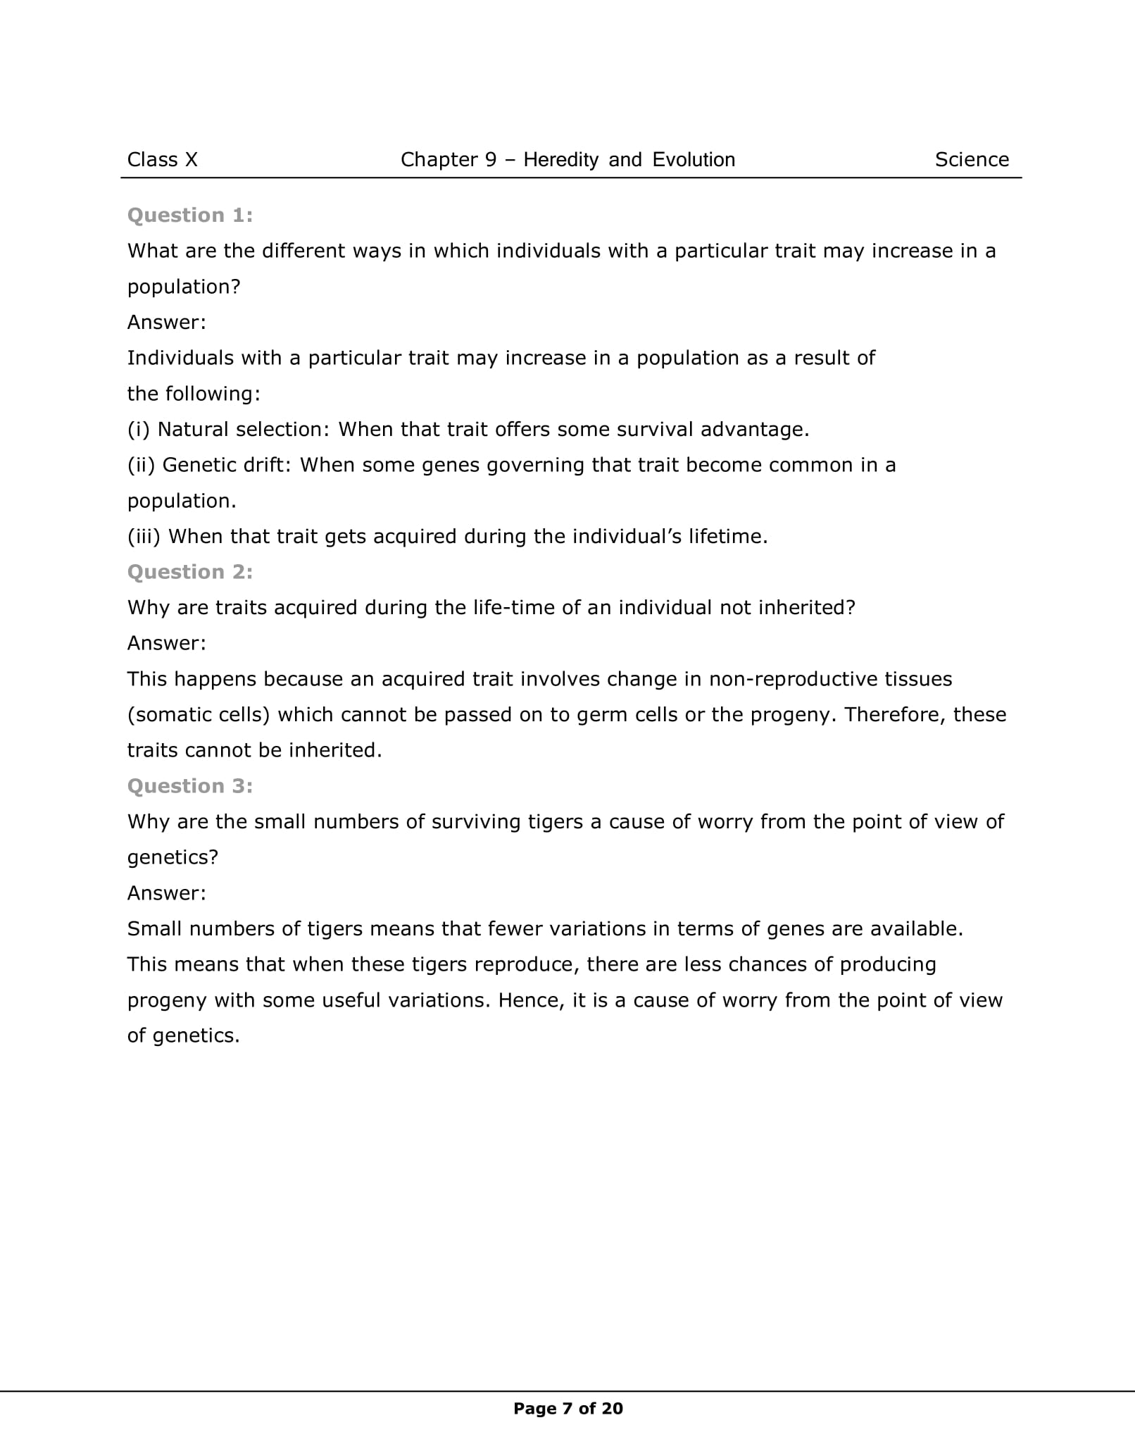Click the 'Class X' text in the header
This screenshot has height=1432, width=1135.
point(162,160)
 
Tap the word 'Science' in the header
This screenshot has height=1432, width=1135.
point(972,160)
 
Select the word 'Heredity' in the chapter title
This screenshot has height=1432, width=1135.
point(560,160)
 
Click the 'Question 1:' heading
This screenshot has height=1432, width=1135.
point(190,216)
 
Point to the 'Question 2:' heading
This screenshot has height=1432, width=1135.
point(190,572)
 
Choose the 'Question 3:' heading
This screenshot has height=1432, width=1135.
point(190,786)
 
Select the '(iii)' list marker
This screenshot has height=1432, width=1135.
point(144,537)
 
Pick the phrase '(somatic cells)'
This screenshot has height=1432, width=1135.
point(199,715)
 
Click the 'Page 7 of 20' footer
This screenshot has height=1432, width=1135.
point(568,1409)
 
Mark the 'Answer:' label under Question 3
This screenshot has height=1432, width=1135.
point(166,893)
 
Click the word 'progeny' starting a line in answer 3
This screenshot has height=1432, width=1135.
point(167,1001)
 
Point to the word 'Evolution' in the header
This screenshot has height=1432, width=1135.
point(694,160)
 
